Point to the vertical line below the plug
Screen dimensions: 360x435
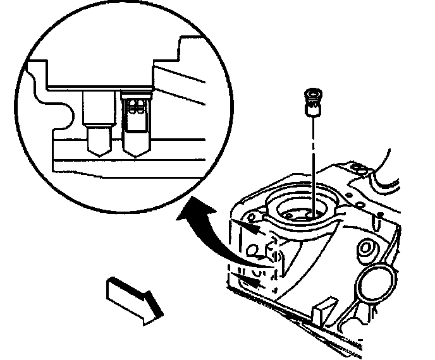(x=312, y=164)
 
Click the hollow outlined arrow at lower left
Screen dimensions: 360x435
(x=132, y=299)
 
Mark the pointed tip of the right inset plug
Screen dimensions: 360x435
(x=136, y=154)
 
